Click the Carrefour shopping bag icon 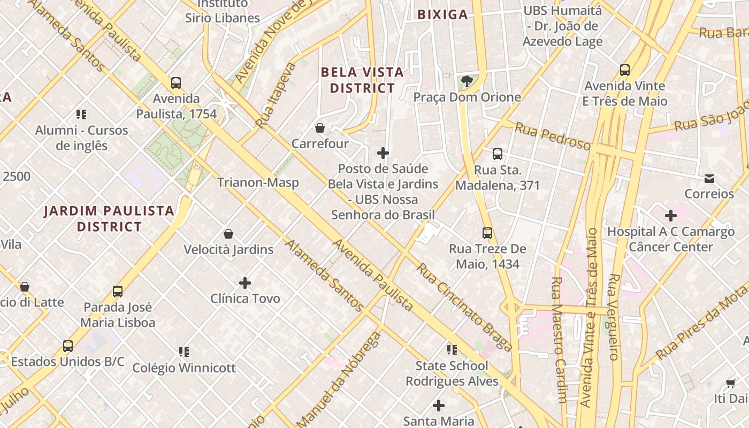[x=320, y=128]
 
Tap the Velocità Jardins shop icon [x=228, y=234]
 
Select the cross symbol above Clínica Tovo [x=245, y=282]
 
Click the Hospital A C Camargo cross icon [x=670, y=216]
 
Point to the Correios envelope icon [x=709, y=178]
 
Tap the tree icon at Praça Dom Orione [x=467, y=81]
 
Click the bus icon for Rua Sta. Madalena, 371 [x=498, y=154]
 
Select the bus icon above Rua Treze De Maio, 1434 [x=487, y=233]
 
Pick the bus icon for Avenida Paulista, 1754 [x=176, y=83]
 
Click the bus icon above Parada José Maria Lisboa [x=118, y=292]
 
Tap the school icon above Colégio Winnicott [x=184, y=352]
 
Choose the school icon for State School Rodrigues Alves [x=452, y=350]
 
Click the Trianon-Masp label [x=258, y=182]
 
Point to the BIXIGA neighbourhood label [x=442, y=14]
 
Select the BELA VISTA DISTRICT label [x=362, y=80]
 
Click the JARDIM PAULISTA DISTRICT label [x=109, y=218]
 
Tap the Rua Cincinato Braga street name [x=464, y=307]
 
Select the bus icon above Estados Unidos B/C [x=68, y=346]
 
